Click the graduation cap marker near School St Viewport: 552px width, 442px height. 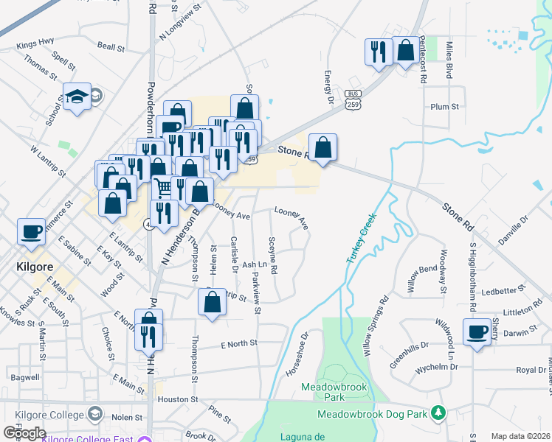(x=77, y=97)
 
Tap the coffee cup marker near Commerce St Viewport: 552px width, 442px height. (x=32, y=232)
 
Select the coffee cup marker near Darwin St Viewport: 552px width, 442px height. (x=477, y=332)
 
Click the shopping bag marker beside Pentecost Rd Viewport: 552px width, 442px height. (x=405, y=51)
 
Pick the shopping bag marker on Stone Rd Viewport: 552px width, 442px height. (x=322, y=148)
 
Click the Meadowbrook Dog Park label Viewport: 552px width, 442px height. (x=372, y=415)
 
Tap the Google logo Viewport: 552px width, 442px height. (x=24, y=432)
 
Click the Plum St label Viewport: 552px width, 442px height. (x=444, y=107)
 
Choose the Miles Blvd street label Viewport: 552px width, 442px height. (x=449, y=60)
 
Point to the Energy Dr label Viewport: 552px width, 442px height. (x=329, y=88)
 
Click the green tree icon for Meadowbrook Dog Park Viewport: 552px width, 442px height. (x=438, y=413)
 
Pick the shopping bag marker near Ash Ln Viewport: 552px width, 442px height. (x=212, y=302)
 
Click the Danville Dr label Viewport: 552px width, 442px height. (x=514, y=220)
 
